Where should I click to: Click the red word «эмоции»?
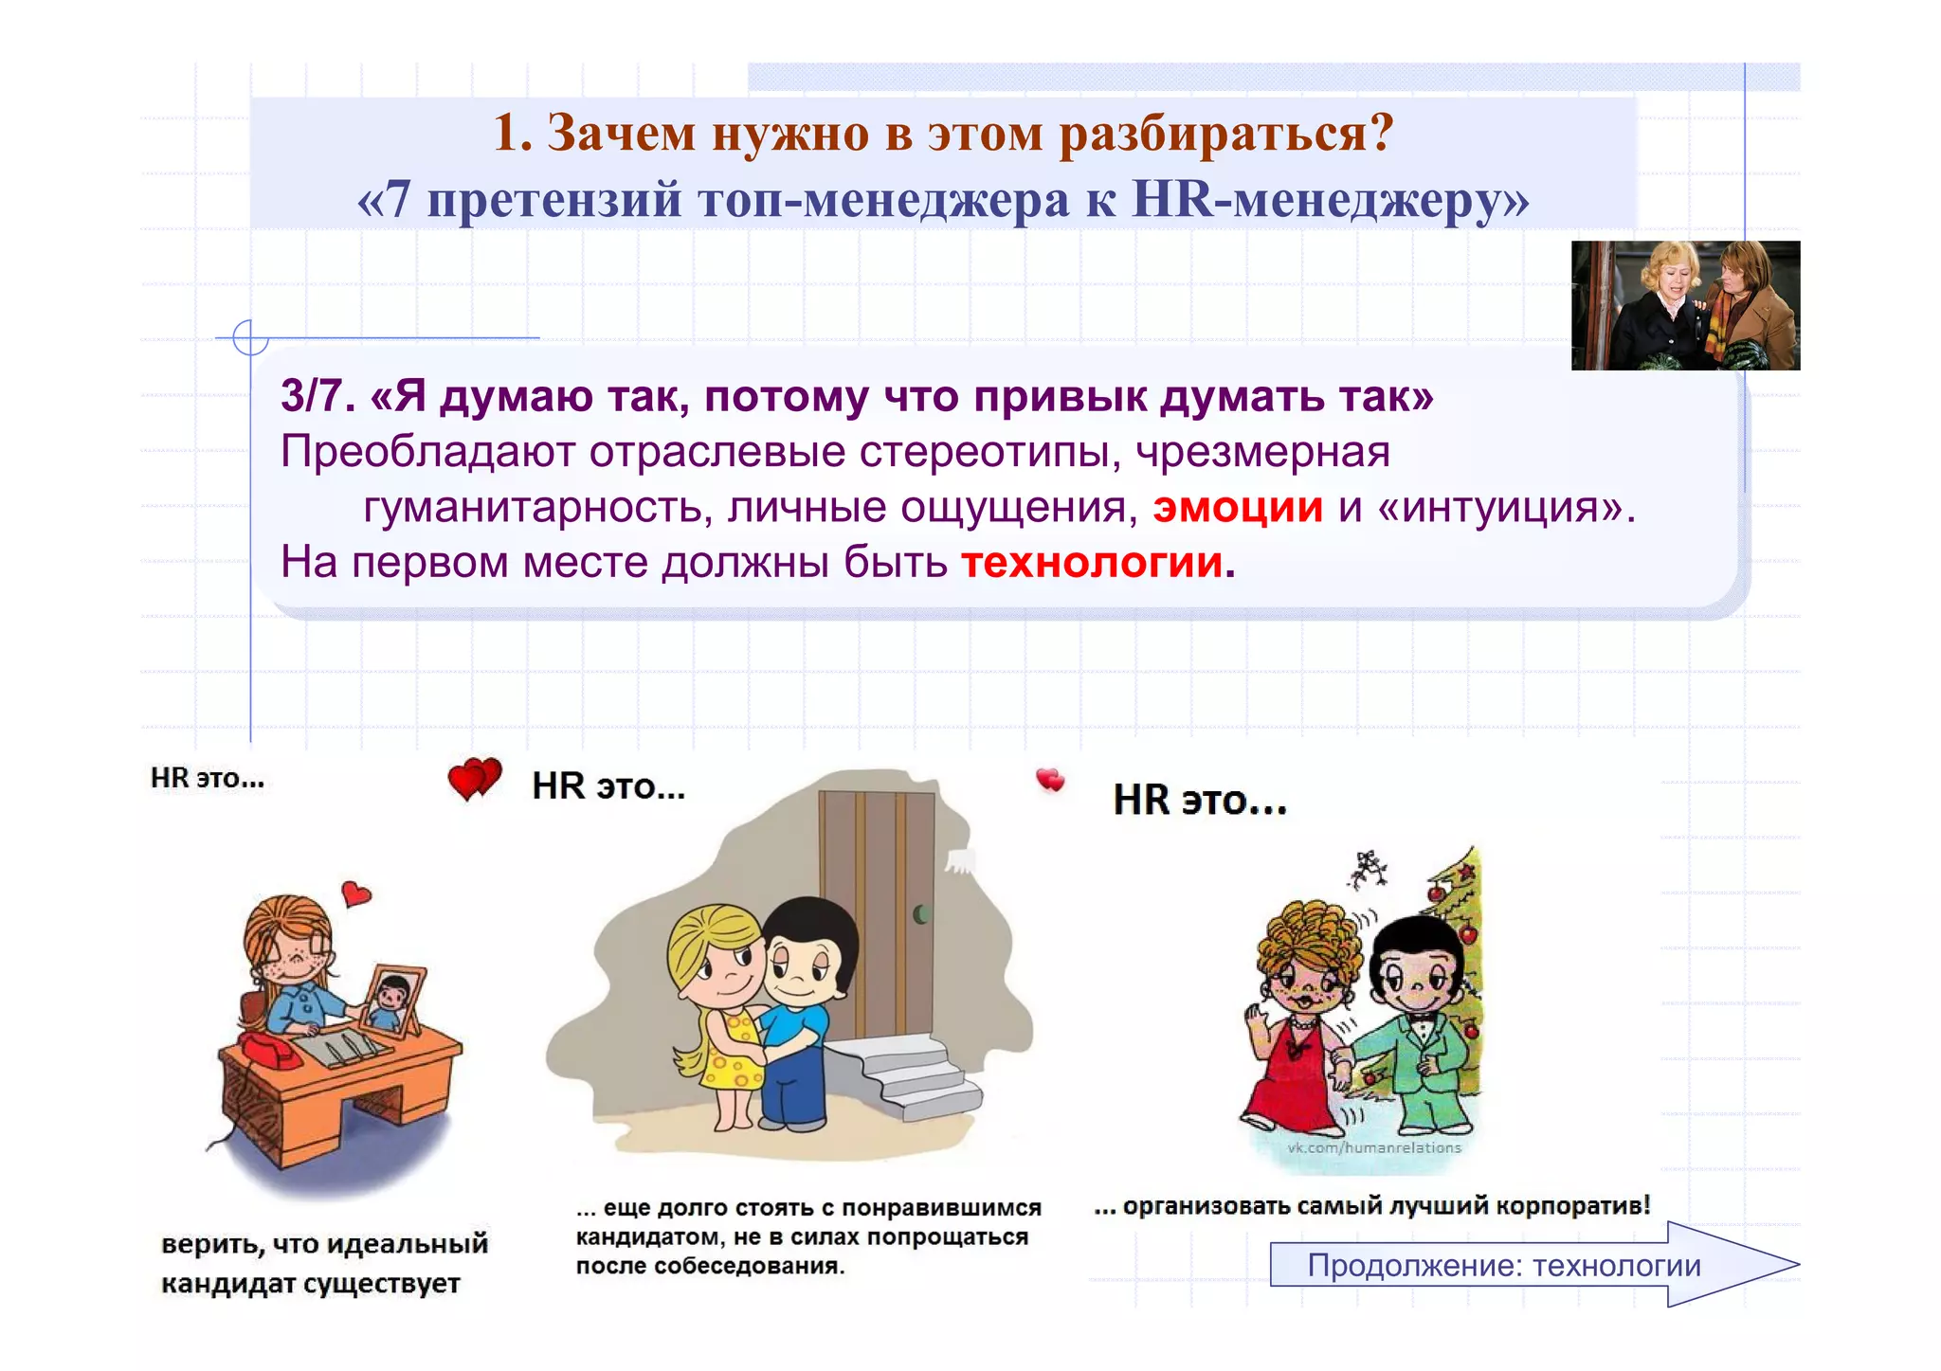point(1237,508)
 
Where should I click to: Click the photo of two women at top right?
point(1684,305)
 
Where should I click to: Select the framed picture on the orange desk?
point(391,1001)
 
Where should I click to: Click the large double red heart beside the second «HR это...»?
point(473,779)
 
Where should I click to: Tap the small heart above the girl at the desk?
point(355,893)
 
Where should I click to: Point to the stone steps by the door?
point(915,1075)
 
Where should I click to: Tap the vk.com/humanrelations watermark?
point(1373,1147)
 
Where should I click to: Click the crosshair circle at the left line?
point(250,337)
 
